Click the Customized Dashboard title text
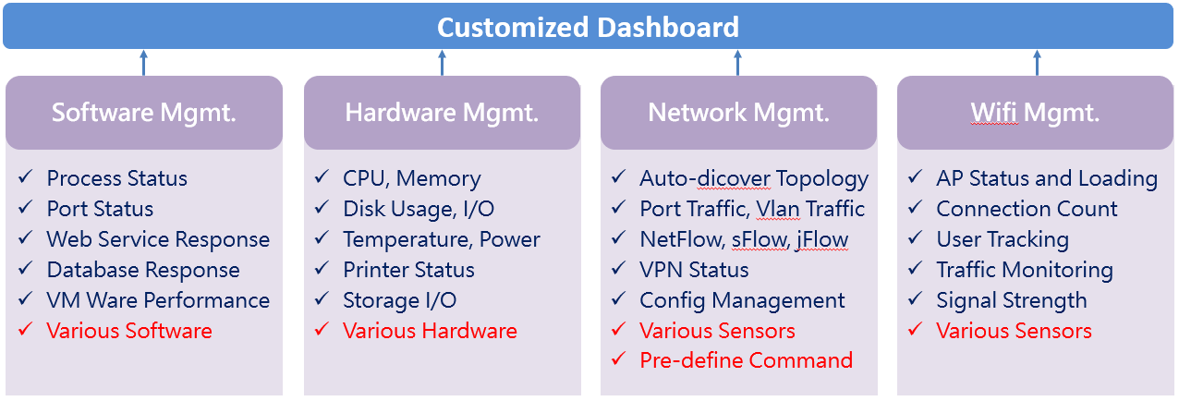click(x=588, y=28)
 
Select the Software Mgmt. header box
click(x=144, y=113)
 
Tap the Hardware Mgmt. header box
click(x=442, y=113)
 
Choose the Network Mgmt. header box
click(x=738, y=113)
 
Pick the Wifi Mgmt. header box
click(x=1035, y=113)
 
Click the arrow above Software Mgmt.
click(x=144, y=63)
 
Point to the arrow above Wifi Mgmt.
click(x=1037, y=63)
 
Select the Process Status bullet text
click(x=116, y=178)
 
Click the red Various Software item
click(x=129, y=331)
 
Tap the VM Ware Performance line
click(x=158, y=300)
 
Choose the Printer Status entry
click(x=408, y=270)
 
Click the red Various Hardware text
click(x=430, y=331)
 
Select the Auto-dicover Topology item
click(x=754, y=179)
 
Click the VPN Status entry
click(x=694, y=270)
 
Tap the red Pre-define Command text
click(x=746, y=360)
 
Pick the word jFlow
click(x=822, y=240)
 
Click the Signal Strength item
click(x=1011, y=301)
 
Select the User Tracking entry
click(x=1003, y=240)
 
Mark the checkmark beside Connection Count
click(x=916, y=207)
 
